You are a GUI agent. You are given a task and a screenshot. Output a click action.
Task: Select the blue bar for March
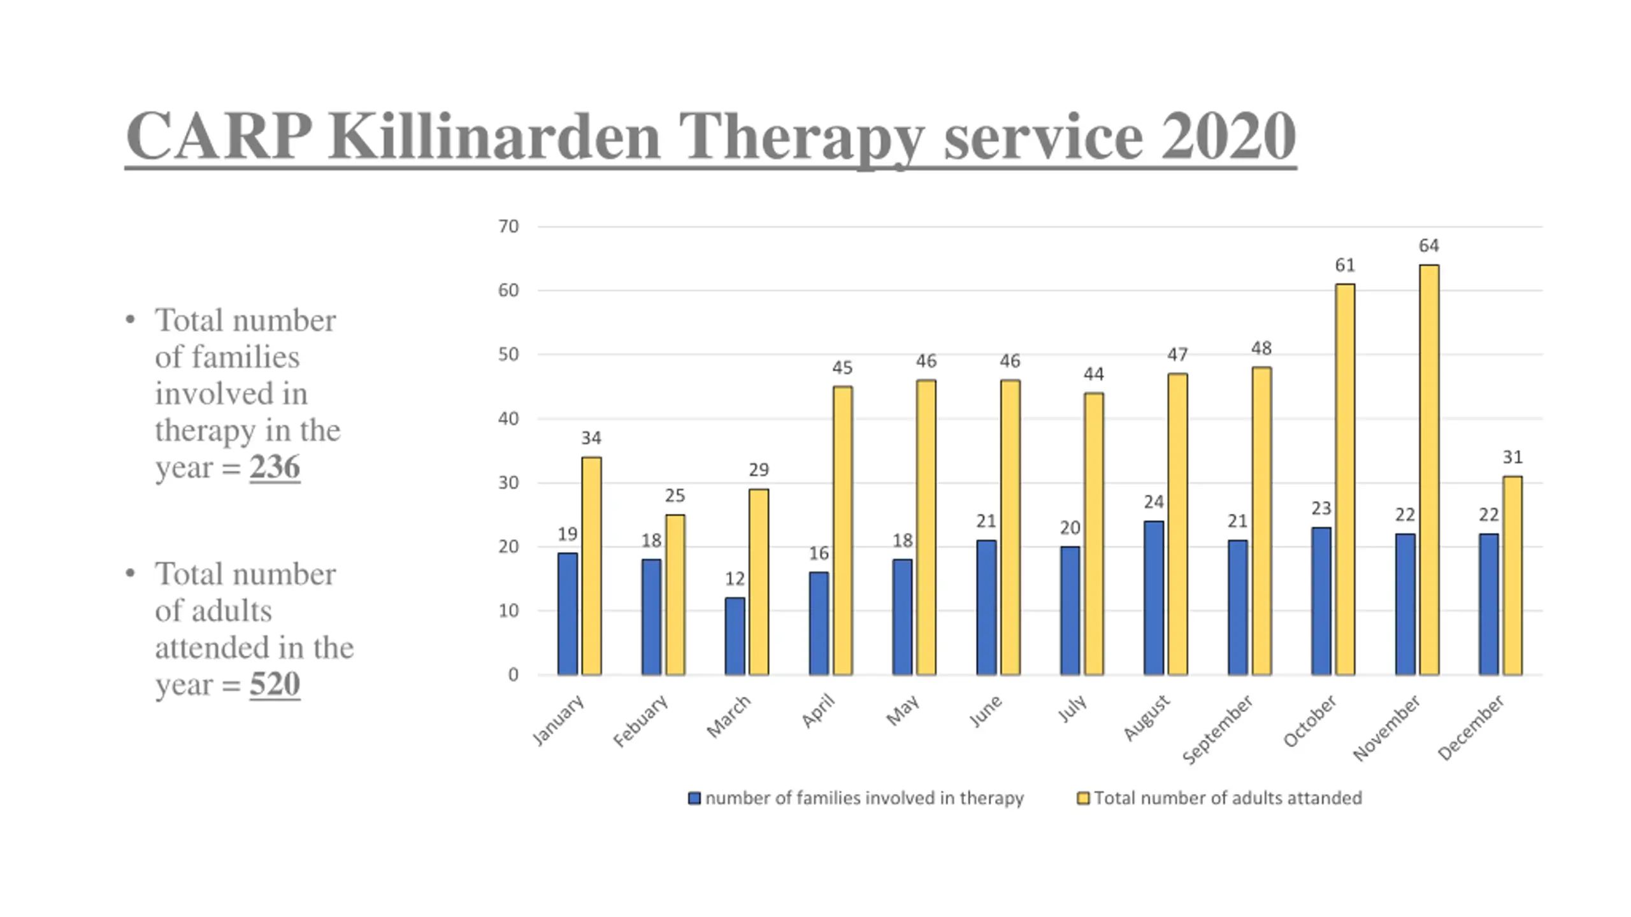click(x=735, y=636)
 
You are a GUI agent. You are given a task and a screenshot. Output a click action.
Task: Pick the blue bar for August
click(x=1153, y=598)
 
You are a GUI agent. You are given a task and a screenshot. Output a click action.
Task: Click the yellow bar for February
click(x=675, y=595)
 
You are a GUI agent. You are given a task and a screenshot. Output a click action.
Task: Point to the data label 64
click(x=1428, y=246)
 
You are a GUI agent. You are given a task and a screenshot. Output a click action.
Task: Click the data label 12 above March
click(x=735, y=579)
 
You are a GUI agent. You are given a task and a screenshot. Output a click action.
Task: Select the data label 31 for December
click(x=1512, y=457)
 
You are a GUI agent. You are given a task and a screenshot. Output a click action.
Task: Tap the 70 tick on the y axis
click(x=508, y=227)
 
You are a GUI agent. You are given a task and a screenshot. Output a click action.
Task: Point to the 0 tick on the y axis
click(x=513, y=675)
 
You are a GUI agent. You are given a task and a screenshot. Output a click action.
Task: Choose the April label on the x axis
click(x=819, y=711)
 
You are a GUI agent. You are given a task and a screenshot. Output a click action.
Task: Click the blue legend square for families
click(x=694, y=798)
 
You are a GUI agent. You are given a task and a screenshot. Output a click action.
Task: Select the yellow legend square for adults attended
click(x=1082, y=798)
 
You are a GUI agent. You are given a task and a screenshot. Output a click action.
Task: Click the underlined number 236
click(x=275, y=467)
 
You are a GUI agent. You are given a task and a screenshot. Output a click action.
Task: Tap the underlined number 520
click(x=275, y=685)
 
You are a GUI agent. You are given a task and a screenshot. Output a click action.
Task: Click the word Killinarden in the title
click(x=494, y=136)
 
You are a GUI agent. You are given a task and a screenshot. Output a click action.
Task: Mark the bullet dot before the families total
click(x=131, y=320)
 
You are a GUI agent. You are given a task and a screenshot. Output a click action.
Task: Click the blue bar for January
click(x=567, y=614)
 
